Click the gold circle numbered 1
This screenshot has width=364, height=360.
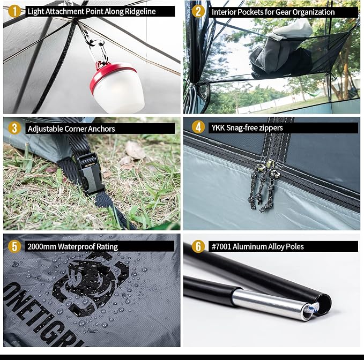pos(14,11)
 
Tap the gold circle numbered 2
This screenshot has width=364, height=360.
pos(198,11)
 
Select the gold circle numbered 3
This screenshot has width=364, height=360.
pos(14,128)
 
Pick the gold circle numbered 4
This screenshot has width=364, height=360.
pos(198,127)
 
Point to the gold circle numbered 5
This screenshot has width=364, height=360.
pos(14,246)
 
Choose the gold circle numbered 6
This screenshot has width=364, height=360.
pos(198,246)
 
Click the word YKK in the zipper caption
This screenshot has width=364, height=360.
pos(218,127)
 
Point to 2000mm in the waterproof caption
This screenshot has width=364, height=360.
pos(42,246)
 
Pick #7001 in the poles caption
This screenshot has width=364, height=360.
pos(221,246)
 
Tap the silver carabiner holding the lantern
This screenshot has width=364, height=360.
pos(99,52)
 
